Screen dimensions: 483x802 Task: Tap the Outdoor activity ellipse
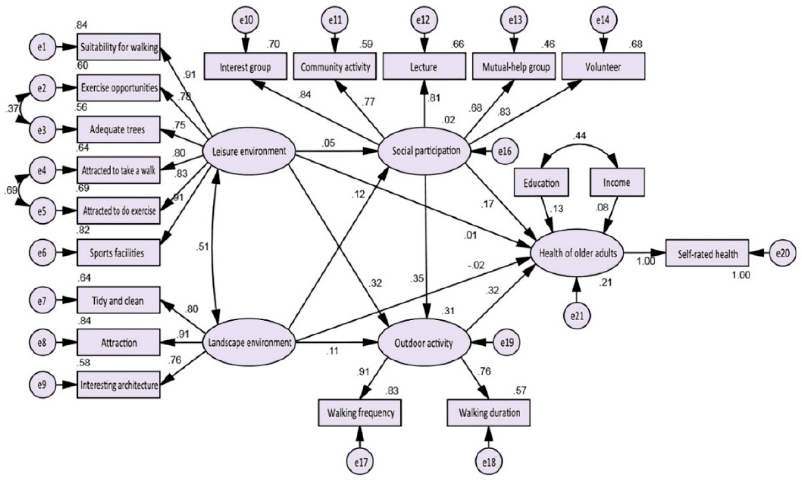[x=424, y=342]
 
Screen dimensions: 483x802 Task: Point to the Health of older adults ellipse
[x=577, y=253]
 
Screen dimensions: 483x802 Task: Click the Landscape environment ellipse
[x=249, y=342]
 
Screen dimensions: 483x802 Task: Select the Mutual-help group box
[x=514, y=67]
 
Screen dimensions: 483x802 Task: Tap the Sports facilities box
[x=118, y=253]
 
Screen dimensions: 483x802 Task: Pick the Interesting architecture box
[x=118, y=385]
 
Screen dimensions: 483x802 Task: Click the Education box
[x=541, y=183]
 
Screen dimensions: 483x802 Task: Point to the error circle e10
[x=246, y=20]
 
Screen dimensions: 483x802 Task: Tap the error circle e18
[x=488, y=462]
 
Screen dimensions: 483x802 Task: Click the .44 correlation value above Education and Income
[x=579, y=136]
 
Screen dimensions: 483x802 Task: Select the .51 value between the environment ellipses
[x=203, y=247]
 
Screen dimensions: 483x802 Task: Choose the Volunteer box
[x=603, y=67]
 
